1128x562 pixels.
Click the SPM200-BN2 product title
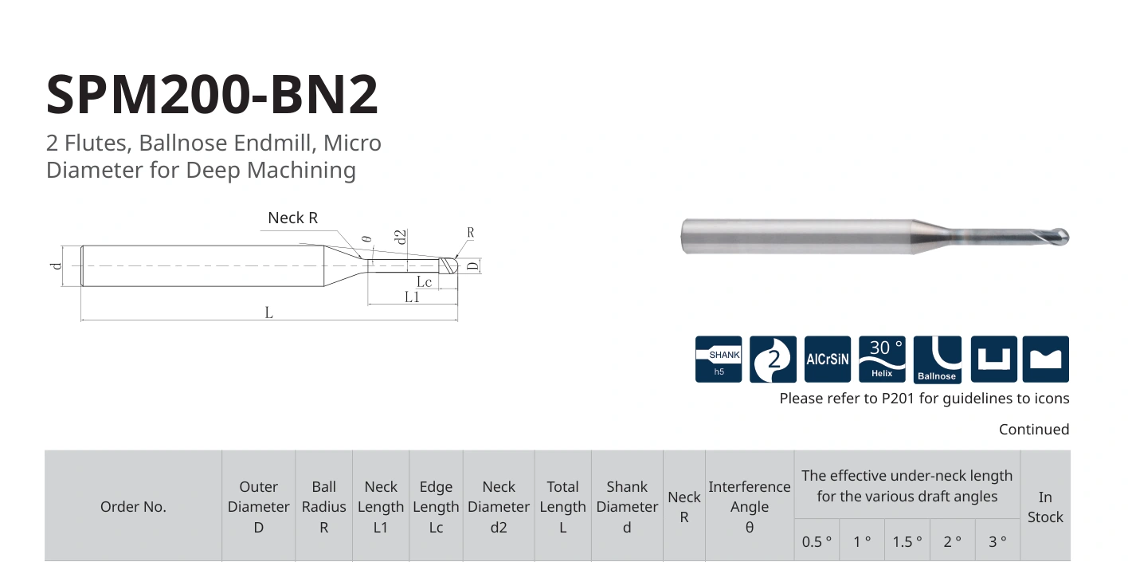pos(212,94)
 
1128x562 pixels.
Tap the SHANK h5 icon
pos(718,359)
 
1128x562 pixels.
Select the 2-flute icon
pos(773,359)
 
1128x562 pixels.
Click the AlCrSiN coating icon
pos(828,359)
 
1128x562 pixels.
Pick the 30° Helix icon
pos(882,359)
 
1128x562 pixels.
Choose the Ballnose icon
pos(937,359)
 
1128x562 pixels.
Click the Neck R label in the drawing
pos(292,218)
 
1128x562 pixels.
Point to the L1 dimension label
pos(412,297)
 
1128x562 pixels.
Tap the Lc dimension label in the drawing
pos(424,281)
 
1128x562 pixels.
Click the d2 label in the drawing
pos(401,237)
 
